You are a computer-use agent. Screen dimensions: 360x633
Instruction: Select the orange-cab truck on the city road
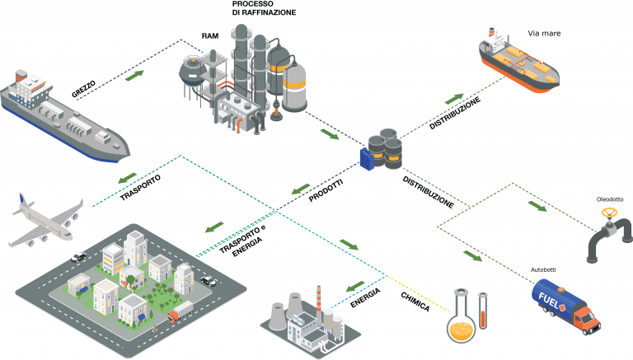[179, 311]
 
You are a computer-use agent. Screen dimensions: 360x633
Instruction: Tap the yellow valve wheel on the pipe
[609, 213]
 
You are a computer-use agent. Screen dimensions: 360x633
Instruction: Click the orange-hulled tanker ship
[518, 63]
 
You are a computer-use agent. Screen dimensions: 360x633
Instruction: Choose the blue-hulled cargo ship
[62, 115]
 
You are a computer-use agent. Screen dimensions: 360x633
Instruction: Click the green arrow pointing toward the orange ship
[454, 98]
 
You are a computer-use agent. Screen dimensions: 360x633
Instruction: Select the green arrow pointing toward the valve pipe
[537, 204]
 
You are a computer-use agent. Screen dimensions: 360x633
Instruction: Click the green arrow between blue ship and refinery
[134, 77]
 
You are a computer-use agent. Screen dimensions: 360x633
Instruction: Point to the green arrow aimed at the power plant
[355, 286]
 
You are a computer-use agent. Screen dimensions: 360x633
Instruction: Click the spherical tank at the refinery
[190, 68]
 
